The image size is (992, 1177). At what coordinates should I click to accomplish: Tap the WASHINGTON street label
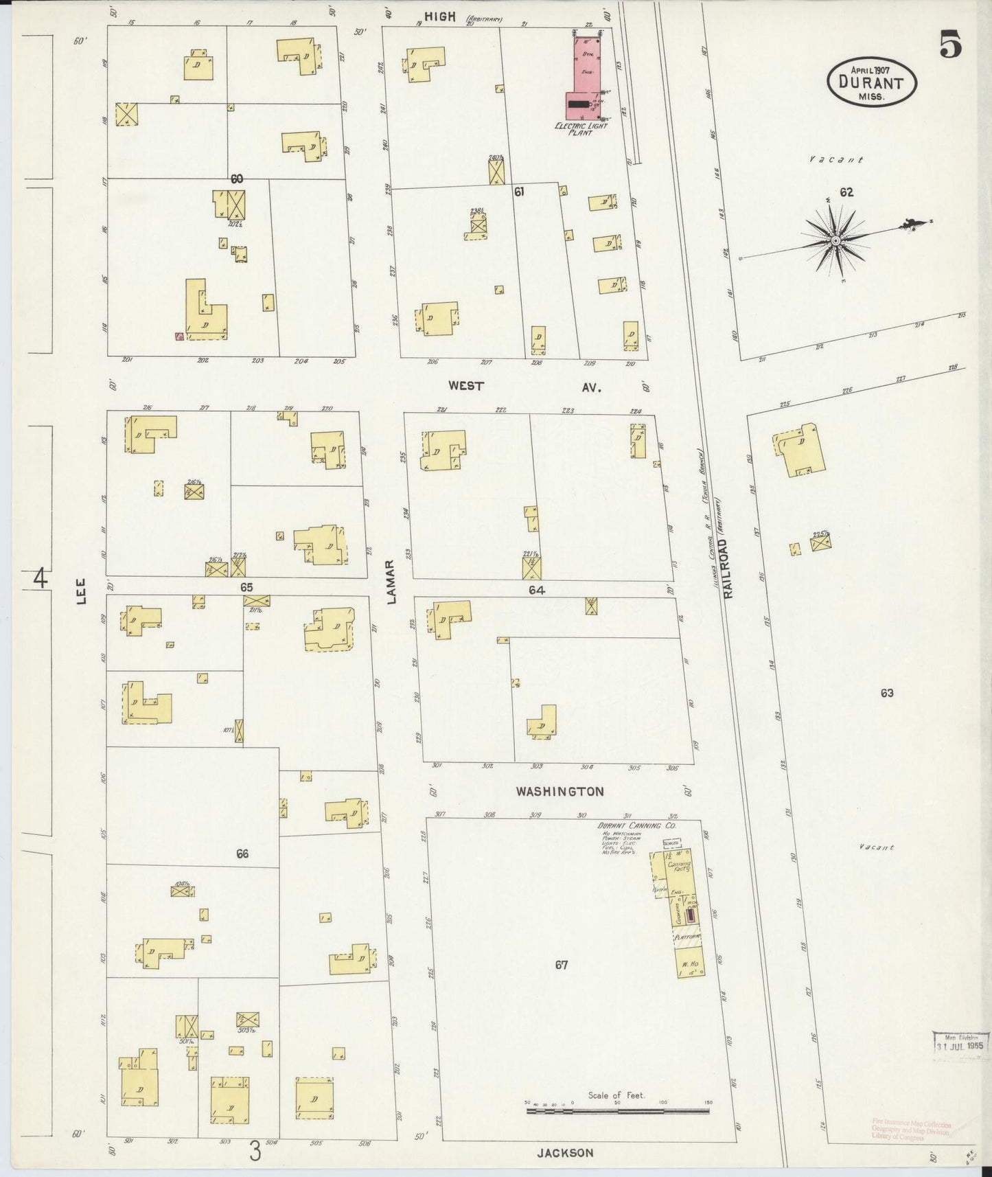point(560,792)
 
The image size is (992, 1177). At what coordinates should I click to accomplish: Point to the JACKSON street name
point(565,1153)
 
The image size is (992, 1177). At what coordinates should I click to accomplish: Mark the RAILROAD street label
point(728,568)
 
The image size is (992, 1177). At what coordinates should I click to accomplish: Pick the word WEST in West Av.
point(466,386)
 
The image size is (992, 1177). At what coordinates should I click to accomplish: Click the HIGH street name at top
point(440,16)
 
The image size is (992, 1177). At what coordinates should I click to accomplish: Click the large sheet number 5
point(951,46)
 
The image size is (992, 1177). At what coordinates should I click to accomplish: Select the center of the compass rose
point(835,240)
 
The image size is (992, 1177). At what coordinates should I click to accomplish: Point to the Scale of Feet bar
point(618,1111)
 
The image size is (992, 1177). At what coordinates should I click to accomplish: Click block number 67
point(562,965)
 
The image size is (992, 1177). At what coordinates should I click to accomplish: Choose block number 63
point(887,694)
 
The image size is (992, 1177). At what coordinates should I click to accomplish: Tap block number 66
point(242,854)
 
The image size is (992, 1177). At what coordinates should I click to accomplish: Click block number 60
point(237,179)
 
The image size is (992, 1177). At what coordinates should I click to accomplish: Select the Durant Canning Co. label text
point(629,825)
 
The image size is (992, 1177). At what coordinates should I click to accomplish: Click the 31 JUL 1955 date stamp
point(960,1047)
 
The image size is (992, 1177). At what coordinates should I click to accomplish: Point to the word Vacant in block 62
point(835,160)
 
